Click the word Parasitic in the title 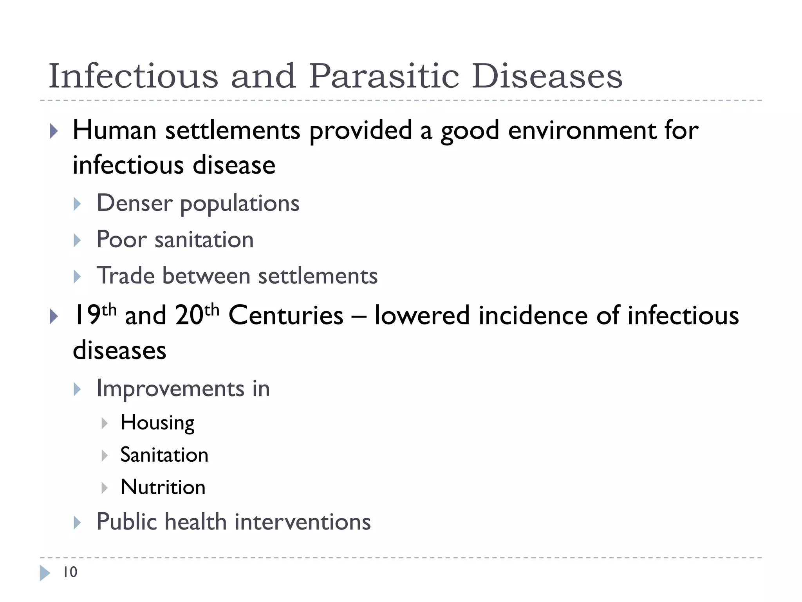point(384,76)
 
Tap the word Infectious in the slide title point(133,76)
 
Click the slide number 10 point(70,572)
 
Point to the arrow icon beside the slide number point(45,573)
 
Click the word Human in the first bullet point(114,130)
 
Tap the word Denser point(134,203)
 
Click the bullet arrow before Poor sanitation point(77,240)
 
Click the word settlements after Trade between point(318,276)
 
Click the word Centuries point(286,316)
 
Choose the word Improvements point(170,389)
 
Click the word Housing point(157,423)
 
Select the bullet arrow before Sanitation point(104,455)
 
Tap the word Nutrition point(163,487)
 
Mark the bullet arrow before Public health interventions point(77,523)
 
